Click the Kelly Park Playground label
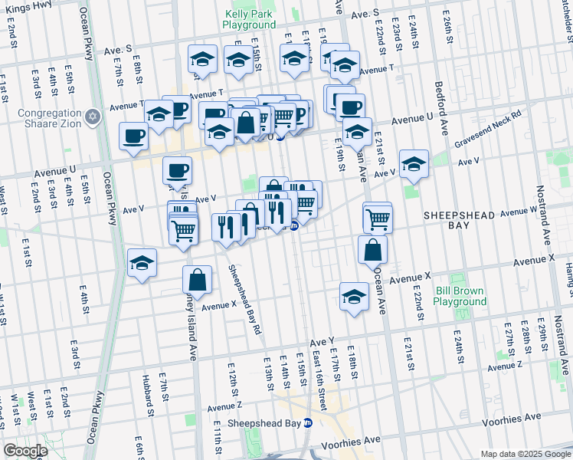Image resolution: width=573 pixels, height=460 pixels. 249,19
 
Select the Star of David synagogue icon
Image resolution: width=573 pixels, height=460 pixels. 93,117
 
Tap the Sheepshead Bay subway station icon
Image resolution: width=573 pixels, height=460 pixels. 308,422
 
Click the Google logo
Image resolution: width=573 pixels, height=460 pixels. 25,451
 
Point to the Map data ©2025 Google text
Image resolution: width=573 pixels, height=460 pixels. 525,454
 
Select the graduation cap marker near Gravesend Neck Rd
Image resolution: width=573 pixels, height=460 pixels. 414,163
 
